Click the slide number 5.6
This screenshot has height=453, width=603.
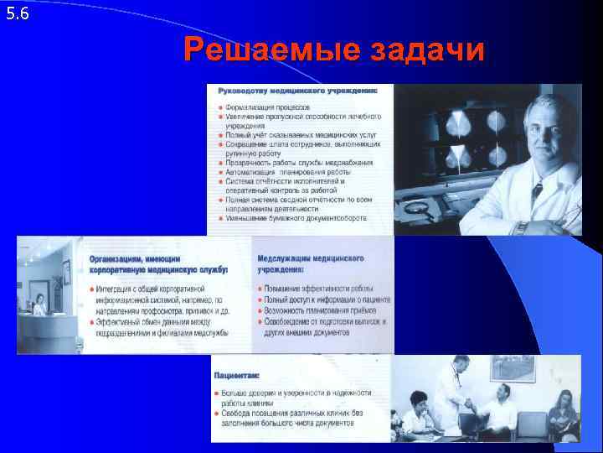click(17, 13)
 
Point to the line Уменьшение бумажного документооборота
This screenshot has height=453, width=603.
click(297, 217)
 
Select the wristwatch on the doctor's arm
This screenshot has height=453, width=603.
click(521, 226)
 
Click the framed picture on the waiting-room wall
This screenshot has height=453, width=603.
click(513, 369)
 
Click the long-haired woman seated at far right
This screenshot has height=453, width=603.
click(563, 411)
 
